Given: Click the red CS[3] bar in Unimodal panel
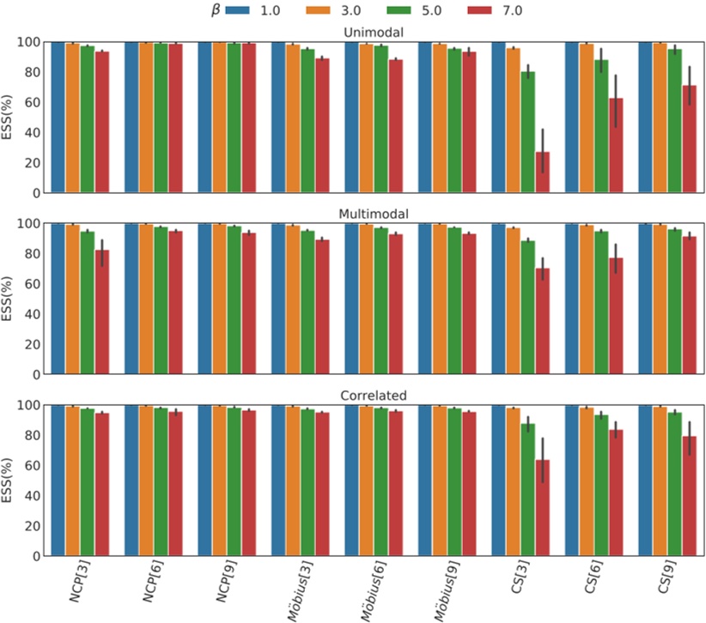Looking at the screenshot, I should pos(542,172).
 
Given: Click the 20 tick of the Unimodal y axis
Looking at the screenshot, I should pos(33,163).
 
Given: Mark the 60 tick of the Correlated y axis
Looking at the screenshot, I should pos(33,465).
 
